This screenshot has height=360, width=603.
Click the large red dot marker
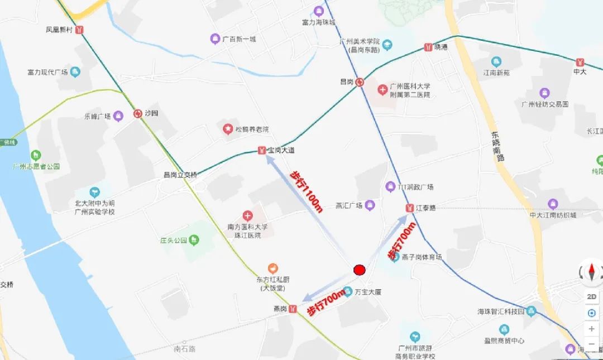(360, 270)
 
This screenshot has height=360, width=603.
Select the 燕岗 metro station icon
(293, 309)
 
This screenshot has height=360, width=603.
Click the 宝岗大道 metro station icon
(261, 150)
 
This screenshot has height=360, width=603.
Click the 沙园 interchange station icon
(137, 113)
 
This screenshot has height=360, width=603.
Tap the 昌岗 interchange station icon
(360, 81)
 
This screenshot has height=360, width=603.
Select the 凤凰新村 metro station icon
(80, 30)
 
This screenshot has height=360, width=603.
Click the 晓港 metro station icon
(428, 47)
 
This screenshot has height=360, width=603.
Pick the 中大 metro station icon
(581, 61)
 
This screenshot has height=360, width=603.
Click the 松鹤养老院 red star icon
(228, 129)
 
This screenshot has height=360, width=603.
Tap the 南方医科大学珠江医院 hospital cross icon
(247, 215)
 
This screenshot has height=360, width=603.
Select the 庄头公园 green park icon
(193, 241)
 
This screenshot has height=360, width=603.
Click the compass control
(591, 272)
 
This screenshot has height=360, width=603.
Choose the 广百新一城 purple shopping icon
(215, 39)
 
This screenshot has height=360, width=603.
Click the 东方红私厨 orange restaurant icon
(272, 268)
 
